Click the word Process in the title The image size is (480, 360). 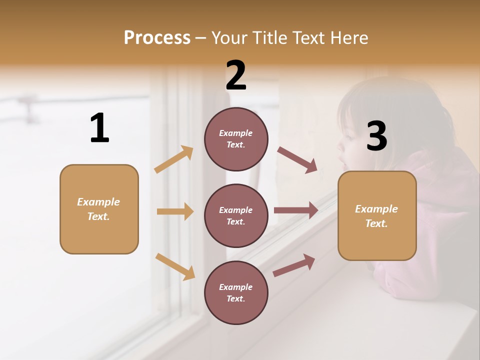click(157, 38)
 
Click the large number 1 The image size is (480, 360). click(99, 128)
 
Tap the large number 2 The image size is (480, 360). click(236, 76)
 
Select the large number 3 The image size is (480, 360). click(376, 136)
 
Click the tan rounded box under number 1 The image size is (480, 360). click(99, 209)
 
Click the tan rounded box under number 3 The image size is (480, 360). click(377, 216)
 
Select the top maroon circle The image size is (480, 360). click(236, 139)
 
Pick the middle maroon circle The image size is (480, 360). click(236, 215)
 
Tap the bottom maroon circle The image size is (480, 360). click(236, 292)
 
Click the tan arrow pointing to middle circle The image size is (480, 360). click(175, 211)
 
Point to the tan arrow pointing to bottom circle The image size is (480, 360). click(175, 266)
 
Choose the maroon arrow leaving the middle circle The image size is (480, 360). click(296, 210)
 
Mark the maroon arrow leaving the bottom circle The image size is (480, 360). click(294, 265)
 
